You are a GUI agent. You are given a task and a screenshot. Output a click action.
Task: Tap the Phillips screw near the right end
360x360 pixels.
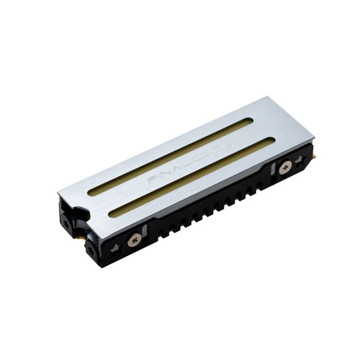tap(284, 168)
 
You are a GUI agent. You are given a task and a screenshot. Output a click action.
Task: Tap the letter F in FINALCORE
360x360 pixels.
tap(151, 180)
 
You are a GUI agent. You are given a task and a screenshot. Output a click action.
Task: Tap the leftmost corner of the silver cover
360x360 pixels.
tap(58, 193)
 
